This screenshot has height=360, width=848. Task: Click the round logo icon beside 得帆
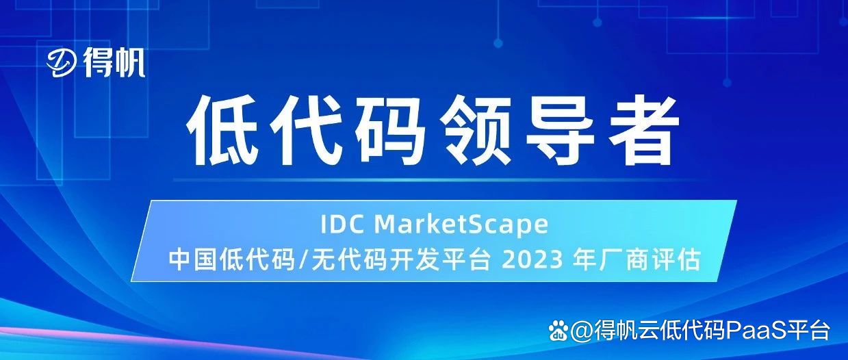tap(63, 64)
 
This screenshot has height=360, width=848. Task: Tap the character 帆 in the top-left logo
tap(129, 64)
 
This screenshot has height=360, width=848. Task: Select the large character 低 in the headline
tap(224, 131)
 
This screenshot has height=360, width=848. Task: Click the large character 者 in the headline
tap(638, 131)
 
